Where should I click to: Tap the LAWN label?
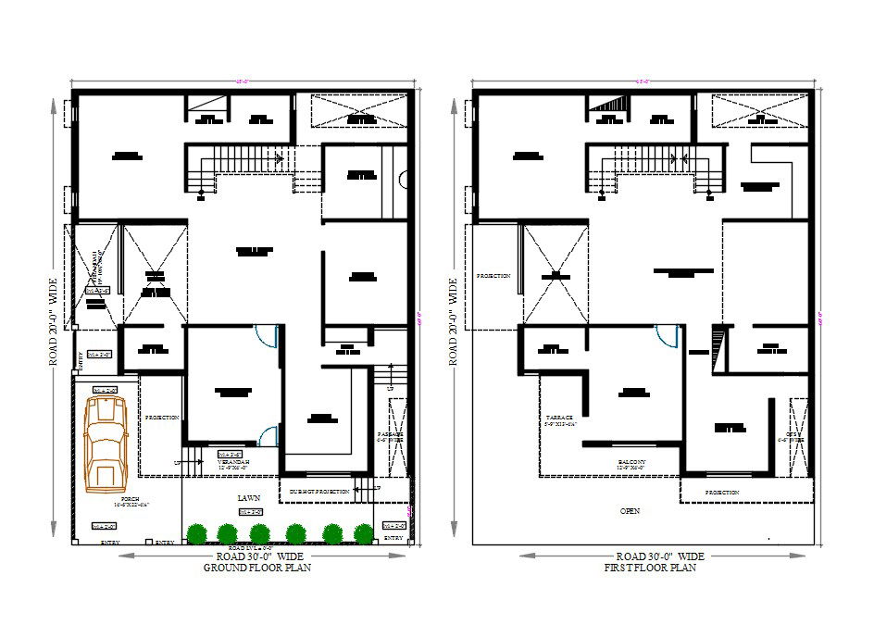(x=248, y=498)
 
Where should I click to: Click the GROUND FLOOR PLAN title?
(x=256, y=569)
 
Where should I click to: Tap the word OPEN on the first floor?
(x=631, y=510)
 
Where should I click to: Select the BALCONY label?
(x=632, y=464)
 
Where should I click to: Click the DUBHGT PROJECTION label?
(x=319, y=491)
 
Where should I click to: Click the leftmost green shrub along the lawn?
(x=195, y=533)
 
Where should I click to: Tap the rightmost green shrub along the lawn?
(x=364, y=533)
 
